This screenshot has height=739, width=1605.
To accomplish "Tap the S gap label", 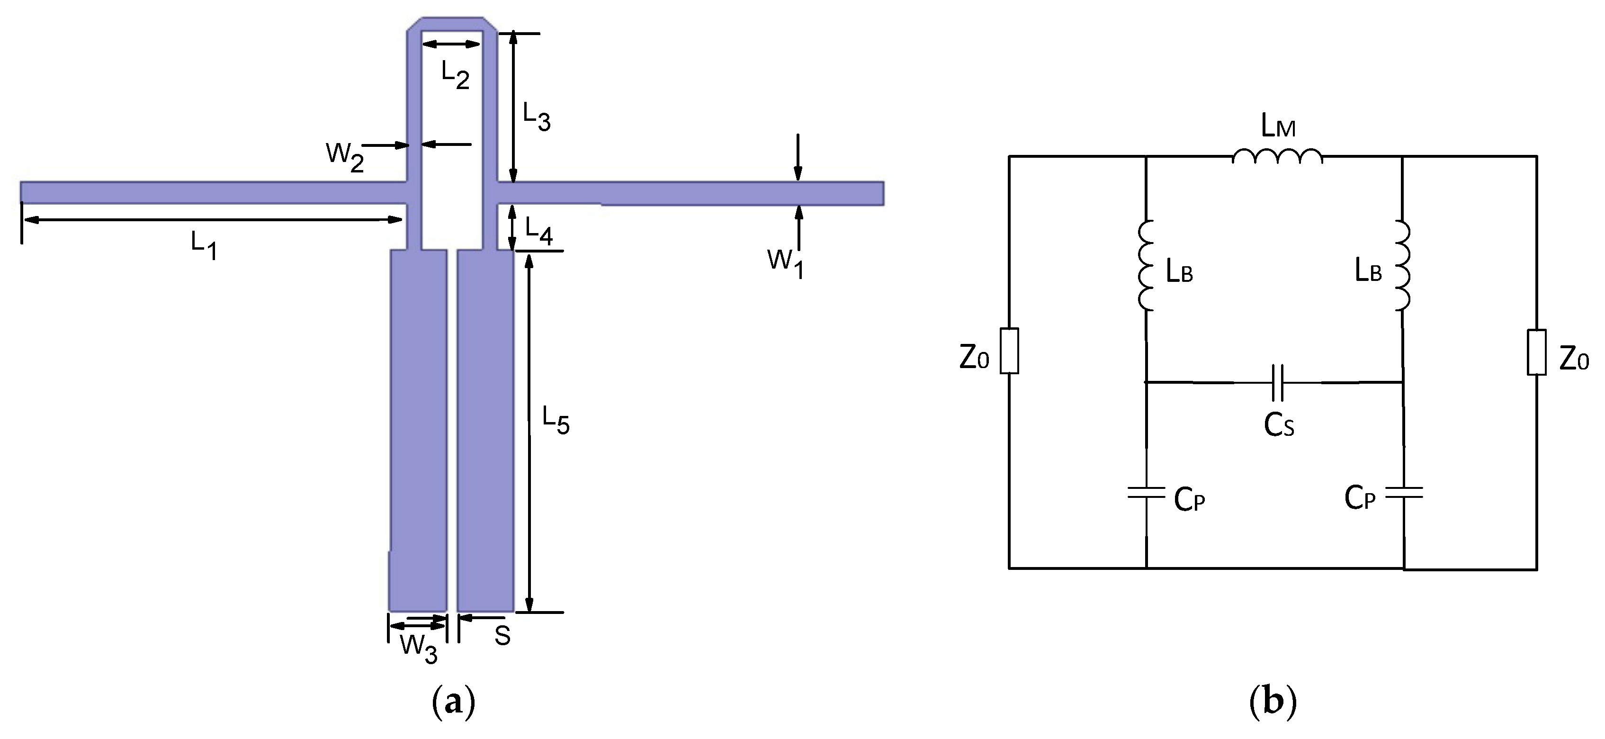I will [502, 636].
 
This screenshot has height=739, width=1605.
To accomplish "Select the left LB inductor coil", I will [1147, 265].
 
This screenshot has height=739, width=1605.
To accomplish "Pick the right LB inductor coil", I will [1402, 265].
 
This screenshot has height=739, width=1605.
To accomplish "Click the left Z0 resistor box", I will [1009, 351].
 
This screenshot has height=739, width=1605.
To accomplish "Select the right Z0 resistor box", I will [1536, 352].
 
